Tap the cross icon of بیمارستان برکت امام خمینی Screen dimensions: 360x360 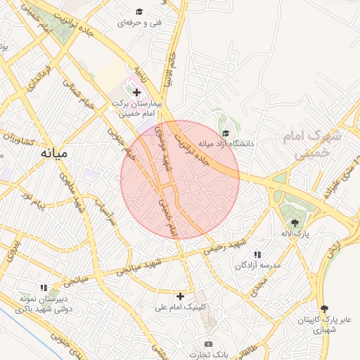point(136,92)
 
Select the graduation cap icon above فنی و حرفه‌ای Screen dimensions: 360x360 point(139,12)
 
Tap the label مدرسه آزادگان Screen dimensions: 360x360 point(257,265)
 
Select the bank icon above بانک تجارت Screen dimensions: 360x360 point(207,344)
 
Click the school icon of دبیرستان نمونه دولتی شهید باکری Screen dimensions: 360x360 point(44,288)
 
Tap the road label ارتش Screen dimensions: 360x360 point(335,248)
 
